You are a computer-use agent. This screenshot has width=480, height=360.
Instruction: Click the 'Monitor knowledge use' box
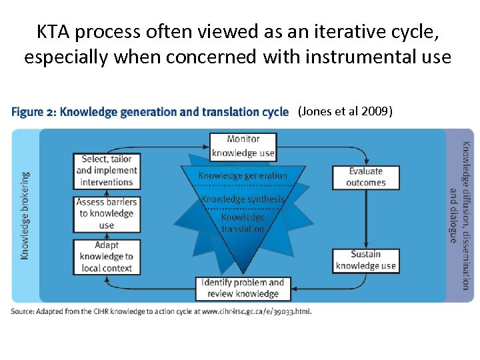[x=242, y=146]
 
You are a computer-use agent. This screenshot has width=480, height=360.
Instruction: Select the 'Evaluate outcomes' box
[x=365, y=177]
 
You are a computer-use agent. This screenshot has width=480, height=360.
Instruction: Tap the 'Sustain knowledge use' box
[x=365, y=259]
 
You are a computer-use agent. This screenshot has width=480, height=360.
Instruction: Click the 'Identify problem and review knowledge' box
[x=243, y=288]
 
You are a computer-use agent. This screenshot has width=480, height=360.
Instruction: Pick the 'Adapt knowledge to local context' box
[x=106, y=257]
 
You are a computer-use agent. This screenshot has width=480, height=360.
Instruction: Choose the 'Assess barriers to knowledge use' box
[x=106, y=213]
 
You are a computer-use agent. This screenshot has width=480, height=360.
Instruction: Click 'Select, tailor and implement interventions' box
[x=106, y=171]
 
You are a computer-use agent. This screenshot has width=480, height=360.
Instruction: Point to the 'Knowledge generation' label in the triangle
[x=243, y=176]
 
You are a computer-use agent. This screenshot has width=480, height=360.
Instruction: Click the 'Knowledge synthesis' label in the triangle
[x=243, y=199]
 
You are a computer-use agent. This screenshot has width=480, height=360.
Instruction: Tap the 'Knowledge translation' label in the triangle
[x=243, y=223]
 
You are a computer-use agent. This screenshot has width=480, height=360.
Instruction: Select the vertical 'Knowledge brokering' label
[x=25, y=215]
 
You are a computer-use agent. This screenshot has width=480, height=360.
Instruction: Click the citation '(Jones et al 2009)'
[x=345, y=111]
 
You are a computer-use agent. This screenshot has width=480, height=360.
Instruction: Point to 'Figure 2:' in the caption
[x=33, y=112]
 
